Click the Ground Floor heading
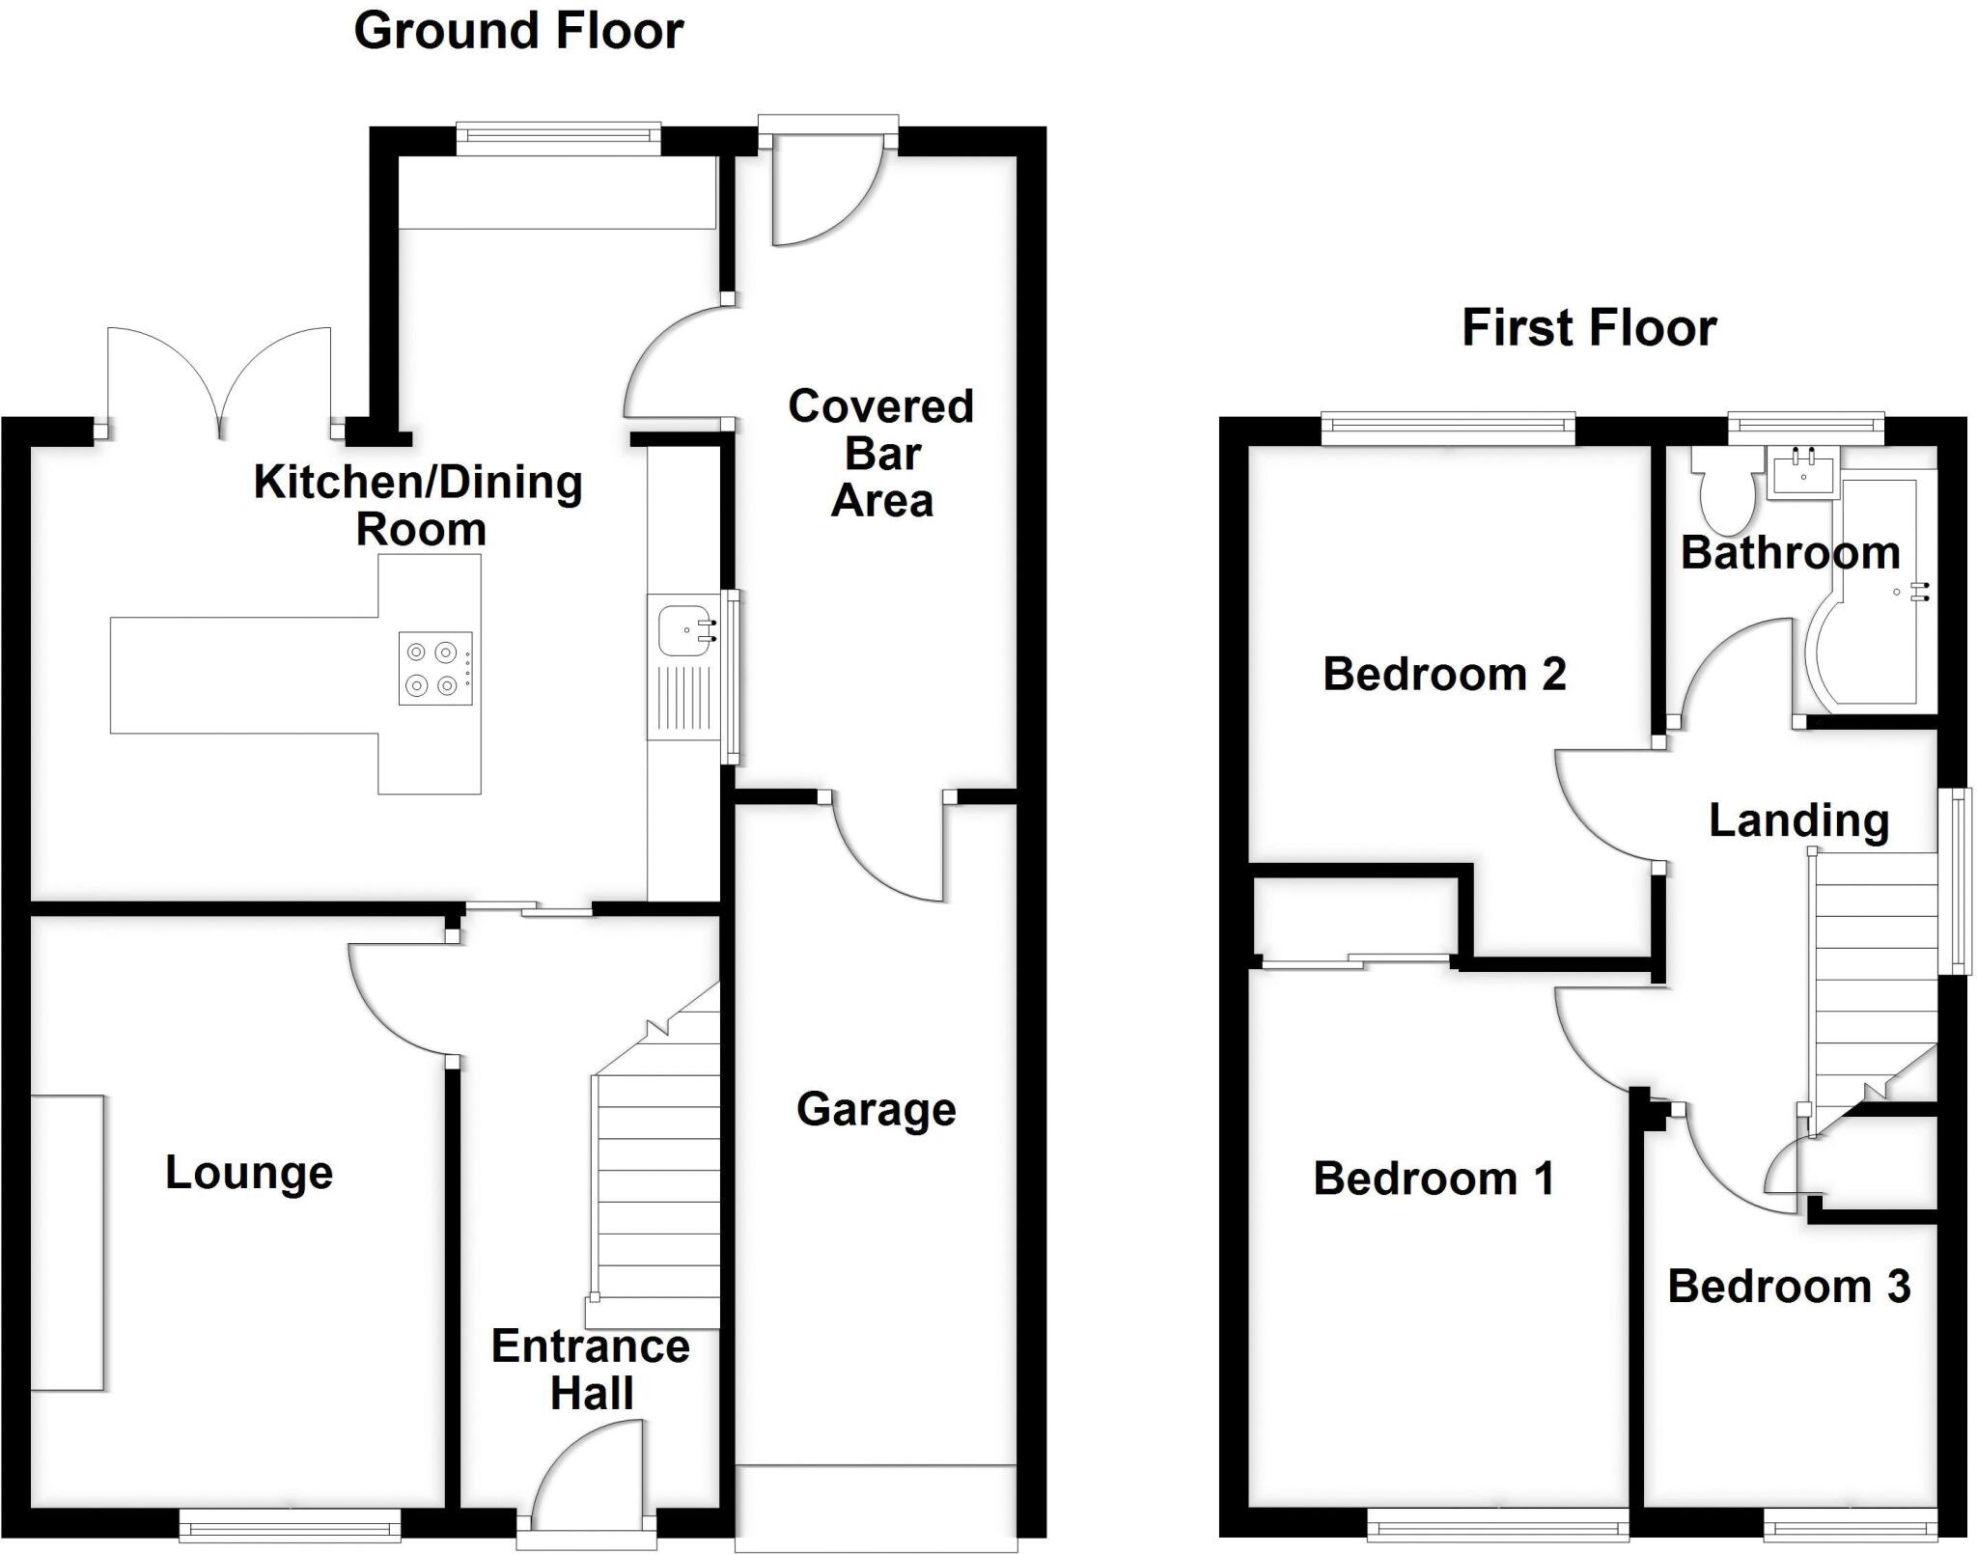(x=518, y=31)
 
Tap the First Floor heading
(x=1589, y=327)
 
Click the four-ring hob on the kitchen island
(x=435, y=668)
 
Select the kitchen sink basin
(x=683, y=629)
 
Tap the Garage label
(x=876, y=1109)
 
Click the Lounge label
(x=249, y=1173)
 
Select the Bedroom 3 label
(x=1789, y=1287)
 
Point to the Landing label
(x=1798, y=820)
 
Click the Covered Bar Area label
(x=881, y=453)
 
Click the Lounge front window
(x=291, y=1525)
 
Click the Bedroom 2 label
(x=1444, y=674)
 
